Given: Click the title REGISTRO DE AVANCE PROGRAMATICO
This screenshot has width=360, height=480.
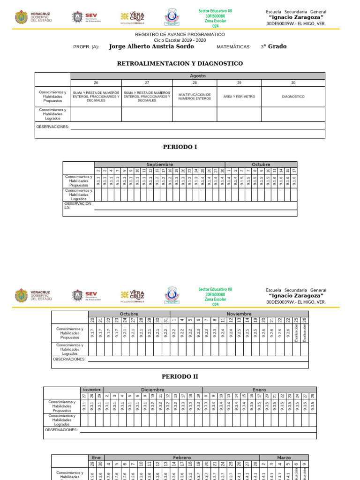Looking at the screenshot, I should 180,35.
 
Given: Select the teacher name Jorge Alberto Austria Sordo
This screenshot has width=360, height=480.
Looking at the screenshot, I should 151,46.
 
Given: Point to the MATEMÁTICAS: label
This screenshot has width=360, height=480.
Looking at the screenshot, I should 234,47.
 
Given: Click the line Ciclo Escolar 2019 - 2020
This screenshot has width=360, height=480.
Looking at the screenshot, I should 180,40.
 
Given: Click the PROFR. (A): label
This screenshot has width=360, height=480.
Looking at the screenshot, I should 86,47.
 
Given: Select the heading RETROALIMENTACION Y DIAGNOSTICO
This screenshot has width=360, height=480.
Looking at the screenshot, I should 180,63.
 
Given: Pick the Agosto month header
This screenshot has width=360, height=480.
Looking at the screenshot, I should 197,76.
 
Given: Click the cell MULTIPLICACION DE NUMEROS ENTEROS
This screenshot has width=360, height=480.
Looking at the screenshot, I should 195,97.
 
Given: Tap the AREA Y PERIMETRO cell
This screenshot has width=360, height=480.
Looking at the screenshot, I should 239,97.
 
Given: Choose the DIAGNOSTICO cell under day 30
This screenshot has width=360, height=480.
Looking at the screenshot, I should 293,97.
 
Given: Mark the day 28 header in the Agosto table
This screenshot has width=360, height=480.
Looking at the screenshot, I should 195,82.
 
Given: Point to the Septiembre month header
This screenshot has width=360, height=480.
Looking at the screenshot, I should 160,165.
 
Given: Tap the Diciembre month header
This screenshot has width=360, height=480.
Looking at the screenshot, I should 152,390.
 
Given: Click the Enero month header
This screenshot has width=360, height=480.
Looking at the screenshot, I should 259,390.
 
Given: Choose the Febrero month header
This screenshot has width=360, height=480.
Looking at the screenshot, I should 182,457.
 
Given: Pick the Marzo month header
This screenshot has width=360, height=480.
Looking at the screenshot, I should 284,457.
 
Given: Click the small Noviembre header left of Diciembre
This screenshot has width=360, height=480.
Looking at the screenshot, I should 92,390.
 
